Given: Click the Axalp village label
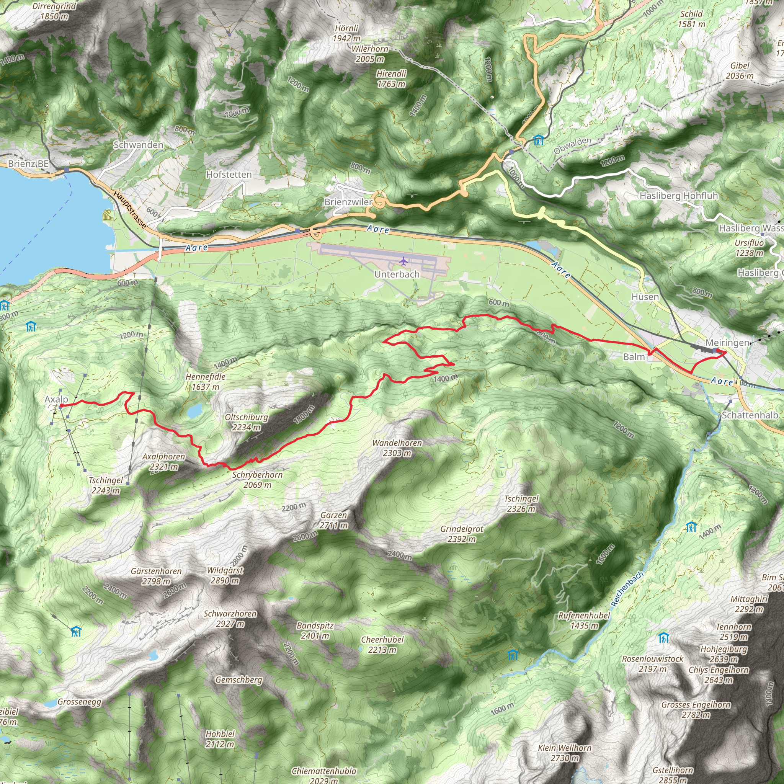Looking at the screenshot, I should (x=56, y=399).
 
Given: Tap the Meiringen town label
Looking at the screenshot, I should (x=727, y=343).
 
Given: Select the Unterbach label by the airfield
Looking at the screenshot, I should (x=397, y=274).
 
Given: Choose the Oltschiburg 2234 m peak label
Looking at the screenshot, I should (x=246, y=422).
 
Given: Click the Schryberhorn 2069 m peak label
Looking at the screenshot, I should (x=257, y=479).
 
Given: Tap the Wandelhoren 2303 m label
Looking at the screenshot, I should (x=397, y=448).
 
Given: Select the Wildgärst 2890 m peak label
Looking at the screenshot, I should (x=225, y=575).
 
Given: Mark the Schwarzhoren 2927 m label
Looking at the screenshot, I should (x=230, y=619).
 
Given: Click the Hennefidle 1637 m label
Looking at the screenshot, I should (x=205, y=381).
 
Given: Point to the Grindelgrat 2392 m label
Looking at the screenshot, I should (x=462, y=534).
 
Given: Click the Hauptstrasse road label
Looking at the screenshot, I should (x=129, y=209).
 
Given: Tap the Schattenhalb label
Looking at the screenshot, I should (x=750, y=415).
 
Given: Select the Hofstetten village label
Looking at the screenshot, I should (x=229, y=175).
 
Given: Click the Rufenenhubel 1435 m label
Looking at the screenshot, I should (x=584, y=620).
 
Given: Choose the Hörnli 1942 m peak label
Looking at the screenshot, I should (x=346, y=33).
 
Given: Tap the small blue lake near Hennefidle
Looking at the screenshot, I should (x=194, y=411).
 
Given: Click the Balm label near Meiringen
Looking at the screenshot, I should (x=634, y=357).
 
